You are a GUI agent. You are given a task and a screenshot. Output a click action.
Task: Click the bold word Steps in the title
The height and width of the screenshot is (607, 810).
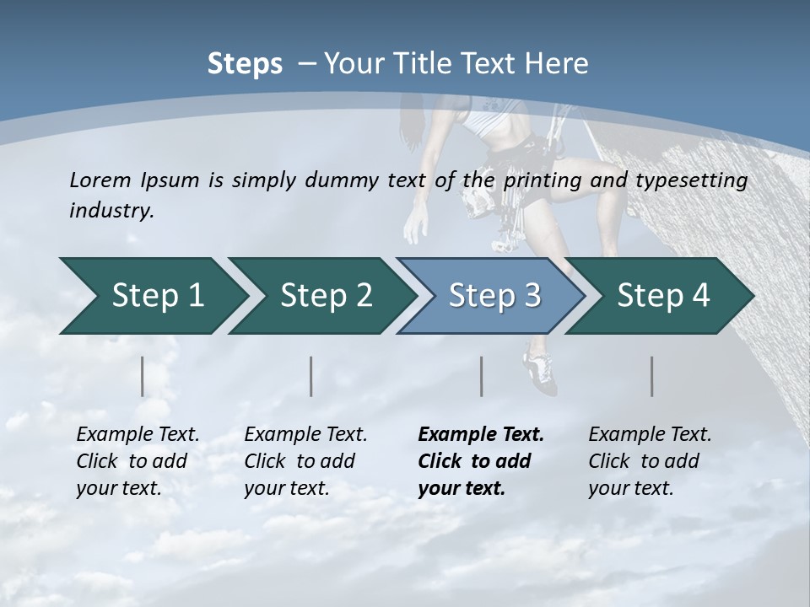point(245,64)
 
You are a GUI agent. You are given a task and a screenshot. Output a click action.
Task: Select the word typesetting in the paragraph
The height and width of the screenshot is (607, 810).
point(697,180)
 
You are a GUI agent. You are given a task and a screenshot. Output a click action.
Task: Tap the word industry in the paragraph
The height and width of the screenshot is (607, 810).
point(111,211)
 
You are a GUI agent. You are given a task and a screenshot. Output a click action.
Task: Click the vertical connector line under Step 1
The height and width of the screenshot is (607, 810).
point(143,376)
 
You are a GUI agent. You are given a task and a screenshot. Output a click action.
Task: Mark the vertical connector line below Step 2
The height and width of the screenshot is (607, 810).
point(311,376)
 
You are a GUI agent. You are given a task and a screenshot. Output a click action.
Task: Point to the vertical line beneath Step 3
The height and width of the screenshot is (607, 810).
point(481,376)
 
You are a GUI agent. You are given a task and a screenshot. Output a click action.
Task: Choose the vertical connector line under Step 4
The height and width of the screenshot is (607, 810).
point(651,376)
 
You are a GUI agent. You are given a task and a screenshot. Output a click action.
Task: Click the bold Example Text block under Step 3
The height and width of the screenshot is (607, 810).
point(480,461)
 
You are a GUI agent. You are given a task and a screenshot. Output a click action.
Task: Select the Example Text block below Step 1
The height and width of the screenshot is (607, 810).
point(138,461)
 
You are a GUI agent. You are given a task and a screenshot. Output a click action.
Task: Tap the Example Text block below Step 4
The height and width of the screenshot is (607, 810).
point(650,461)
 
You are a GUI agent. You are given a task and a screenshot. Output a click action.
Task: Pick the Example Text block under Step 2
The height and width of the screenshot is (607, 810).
point(305,461)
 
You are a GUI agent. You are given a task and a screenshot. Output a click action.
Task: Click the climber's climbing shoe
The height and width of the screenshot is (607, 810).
point(540,372)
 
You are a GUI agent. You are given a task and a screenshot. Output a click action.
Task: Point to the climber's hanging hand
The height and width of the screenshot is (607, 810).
point(416,226)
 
